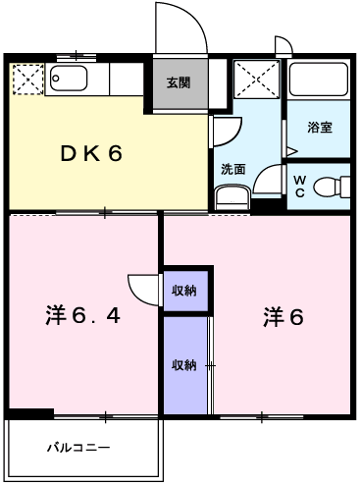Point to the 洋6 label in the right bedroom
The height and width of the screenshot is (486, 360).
[x=283, y=316]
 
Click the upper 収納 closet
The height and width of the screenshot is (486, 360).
[x=184, y=290]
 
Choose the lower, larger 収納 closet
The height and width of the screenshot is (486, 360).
[x=184, y=365]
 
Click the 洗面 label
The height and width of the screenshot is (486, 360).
[x=232, y=167]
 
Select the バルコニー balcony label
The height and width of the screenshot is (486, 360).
[x=78, y=448]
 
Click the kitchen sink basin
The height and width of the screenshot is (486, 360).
[x=69, y=78]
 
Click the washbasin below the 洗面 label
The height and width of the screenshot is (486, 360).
[x=231, y=196]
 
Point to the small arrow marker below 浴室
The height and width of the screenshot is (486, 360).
[x=290, y=150]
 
